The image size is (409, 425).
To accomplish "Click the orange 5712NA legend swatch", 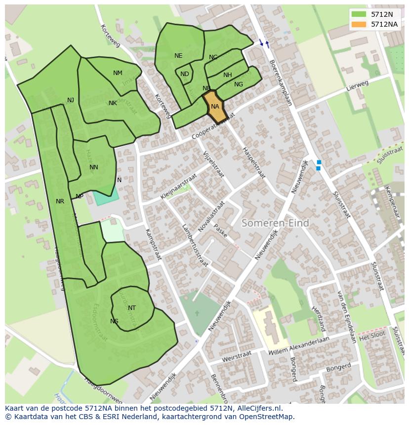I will [x=359, y=24].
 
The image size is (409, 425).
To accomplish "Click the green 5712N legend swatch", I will [x=359, y=14].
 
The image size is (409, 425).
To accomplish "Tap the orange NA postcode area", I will [x=215, y=107].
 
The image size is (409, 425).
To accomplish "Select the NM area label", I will [x=118, y=73].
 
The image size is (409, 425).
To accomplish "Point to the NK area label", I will [x=113, y=103].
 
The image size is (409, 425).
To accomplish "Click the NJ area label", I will [x=71, y=100].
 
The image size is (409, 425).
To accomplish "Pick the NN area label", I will [x=94, y=167].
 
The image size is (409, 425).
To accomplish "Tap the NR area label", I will [x=60, y=201].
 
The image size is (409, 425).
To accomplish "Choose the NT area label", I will [x=132, y=308].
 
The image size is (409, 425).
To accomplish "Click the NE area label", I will [x=178, y=56].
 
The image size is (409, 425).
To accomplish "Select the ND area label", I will [x=184, y=74].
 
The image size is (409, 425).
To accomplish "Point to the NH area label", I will [x=227, y=75].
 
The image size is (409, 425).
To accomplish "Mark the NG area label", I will [x=239, y=84].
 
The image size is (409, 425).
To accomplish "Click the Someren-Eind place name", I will [x=275, y=223].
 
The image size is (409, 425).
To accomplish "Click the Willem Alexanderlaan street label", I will [x=299, y=345].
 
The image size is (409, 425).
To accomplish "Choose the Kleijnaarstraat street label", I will [x=178, y=186].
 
